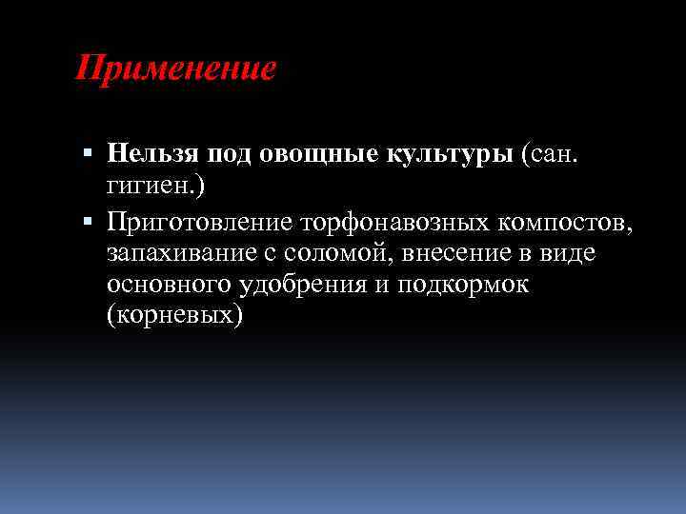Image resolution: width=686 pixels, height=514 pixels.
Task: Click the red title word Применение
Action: click(175, 69)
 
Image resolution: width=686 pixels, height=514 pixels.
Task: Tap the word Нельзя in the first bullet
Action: click(148, 153)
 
